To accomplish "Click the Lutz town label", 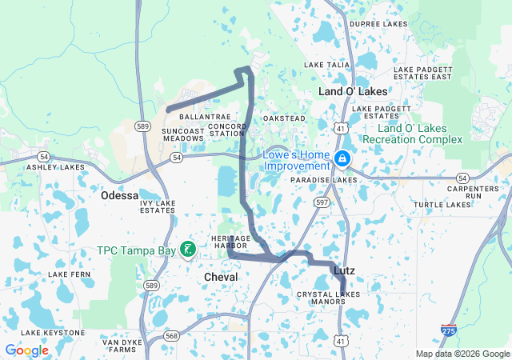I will pyautogui.click(x=344, y=271).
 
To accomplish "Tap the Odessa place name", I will pyautogui.click(x=119, y=195).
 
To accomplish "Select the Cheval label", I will pyautogui.click(x=221, y=276).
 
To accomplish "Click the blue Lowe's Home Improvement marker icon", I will pyautogui.click(x=342, y=159).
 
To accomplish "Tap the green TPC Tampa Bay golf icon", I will pyautogui.click(x=187, y=250).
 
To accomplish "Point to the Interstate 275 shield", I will pyautogui.click(x=449, y=329).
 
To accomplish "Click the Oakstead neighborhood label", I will pyautogui.click(x=284, y=118).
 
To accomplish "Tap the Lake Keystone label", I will pyautogui.click(x=53, y=332).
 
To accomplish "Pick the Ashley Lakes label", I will pyautogui.click(x=55, y=167).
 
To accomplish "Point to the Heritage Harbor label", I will pyautogui.click(x=231, y=242).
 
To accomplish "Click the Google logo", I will pyautogui.click(x=26, y=350).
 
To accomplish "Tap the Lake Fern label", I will pyautogui.click(x=70, y=274).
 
